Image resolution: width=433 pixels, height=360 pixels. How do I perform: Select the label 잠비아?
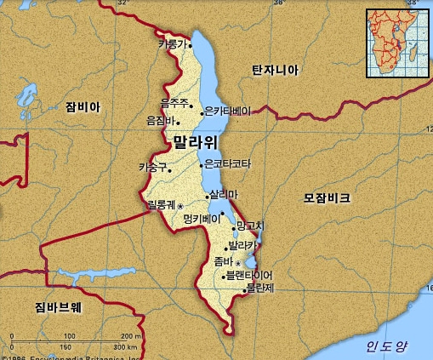[x=82, y=107]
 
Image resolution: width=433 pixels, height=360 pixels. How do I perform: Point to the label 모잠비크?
[x=327, y=197]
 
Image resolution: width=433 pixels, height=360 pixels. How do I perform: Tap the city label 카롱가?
[x=171, y=43]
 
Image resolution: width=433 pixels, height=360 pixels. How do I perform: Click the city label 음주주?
[x=174, y=103]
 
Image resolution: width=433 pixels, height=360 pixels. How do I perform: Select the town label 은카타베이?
[x=229, y=111]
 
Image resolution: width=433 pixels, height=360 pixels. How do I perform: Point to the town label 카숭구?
[x=153, y=167]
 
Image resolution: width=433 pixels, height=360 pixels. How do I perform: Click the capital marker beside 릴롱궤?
[x=179, y=206]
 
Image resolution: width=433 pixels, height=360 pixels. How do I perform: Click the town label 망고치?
[x=252, y=226]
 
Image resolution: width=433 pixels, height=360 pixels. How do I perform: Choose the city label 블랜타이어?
[x=248, y=276]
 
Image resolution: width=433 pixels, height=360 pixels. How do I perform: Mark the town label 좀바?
[x=224, y=261]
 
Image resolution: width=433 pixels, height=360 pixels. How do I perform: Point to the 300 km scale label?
[x=125, y=347]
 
